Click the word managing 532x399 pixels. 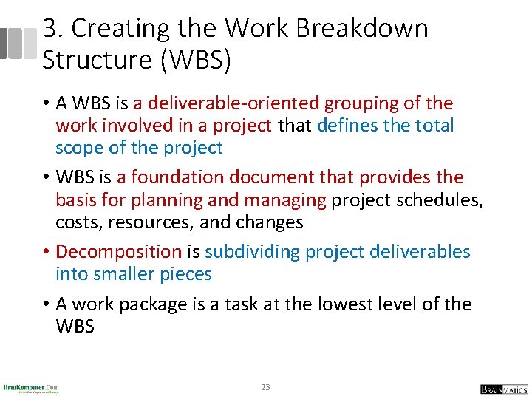pos(288,199)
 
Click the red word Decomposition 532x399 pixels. pos(118,252)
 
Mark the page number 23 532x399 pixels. pos(266,387)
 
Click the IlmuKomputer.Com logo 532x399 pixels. pos(31,387)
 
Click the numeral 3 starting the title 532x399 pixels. pos(50,29)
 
